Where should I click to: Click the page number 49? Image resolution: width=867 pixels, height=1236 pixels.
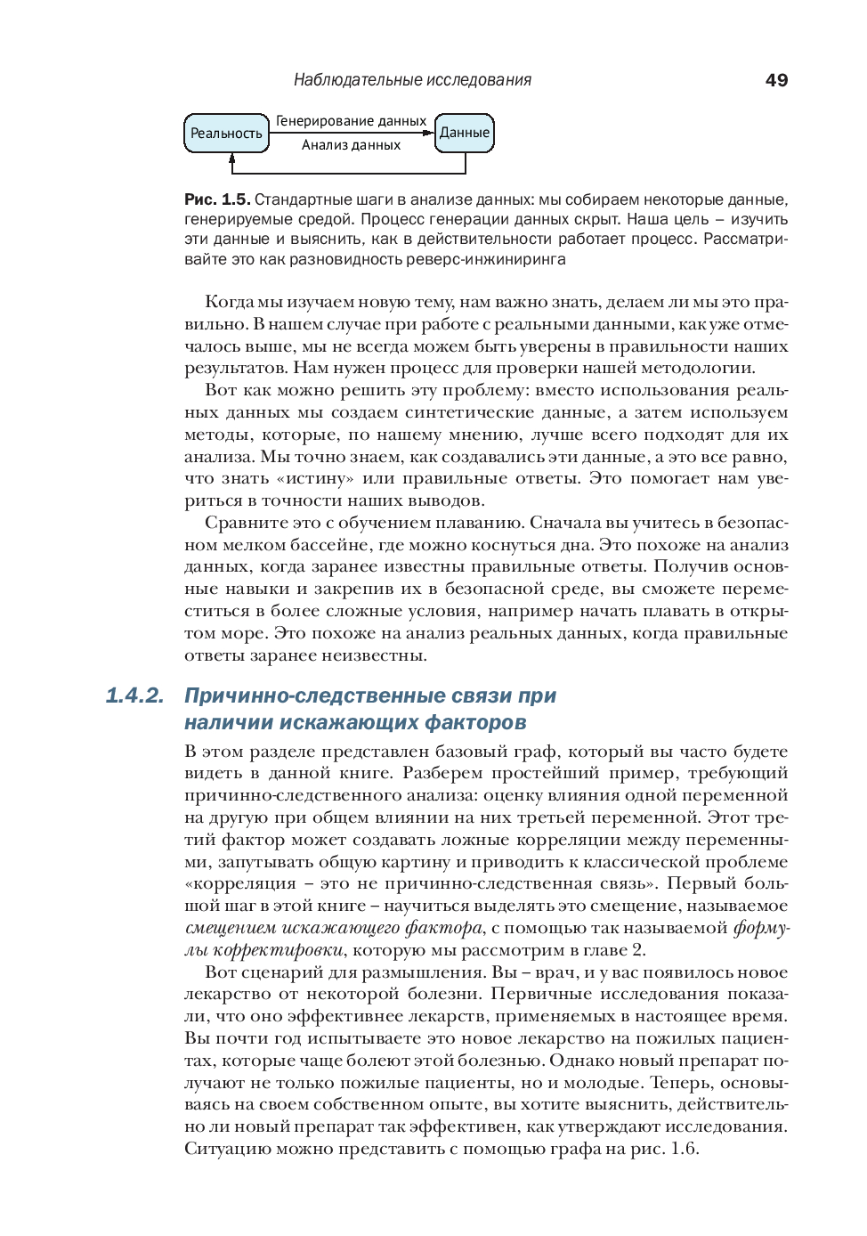(x=776, y=80)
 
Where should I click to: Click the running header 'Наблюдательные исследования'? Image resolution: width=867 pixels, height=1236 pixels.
(x=412, y=80)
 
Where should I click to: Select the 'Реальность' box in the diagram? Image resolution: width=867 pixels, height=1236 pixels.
(x=226, y=133)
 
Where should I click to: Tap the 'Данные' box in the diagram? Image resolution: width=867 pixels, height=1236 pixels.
(x=464, y=133)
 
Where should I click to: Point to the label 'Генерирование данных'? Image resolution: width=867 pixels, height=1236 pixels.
(x=351, y=121)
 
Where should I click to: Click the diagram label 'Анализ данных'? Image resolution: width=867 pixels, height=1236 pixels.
(x=351, y=145)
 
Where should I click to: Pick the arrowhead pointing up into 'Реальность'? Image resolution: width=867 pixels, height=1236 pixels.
(x=232, y=158)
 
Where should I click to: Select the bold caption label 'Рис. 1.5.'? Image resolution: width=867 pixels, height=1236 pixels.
(x=217, y=199)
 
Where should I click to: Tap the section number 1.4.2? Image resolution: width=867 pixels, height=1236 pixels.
(x=134, y=695)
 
